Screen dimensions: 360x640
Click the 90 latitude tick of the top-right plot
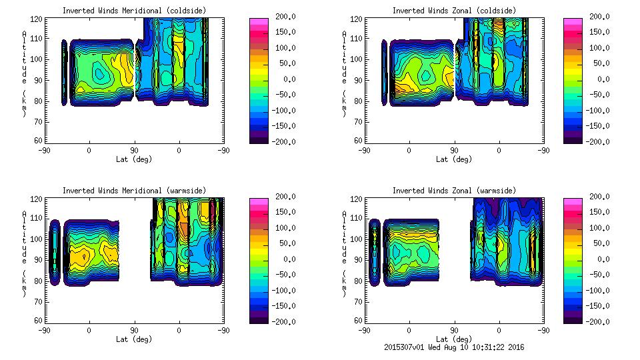click(x=454, y=150)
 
